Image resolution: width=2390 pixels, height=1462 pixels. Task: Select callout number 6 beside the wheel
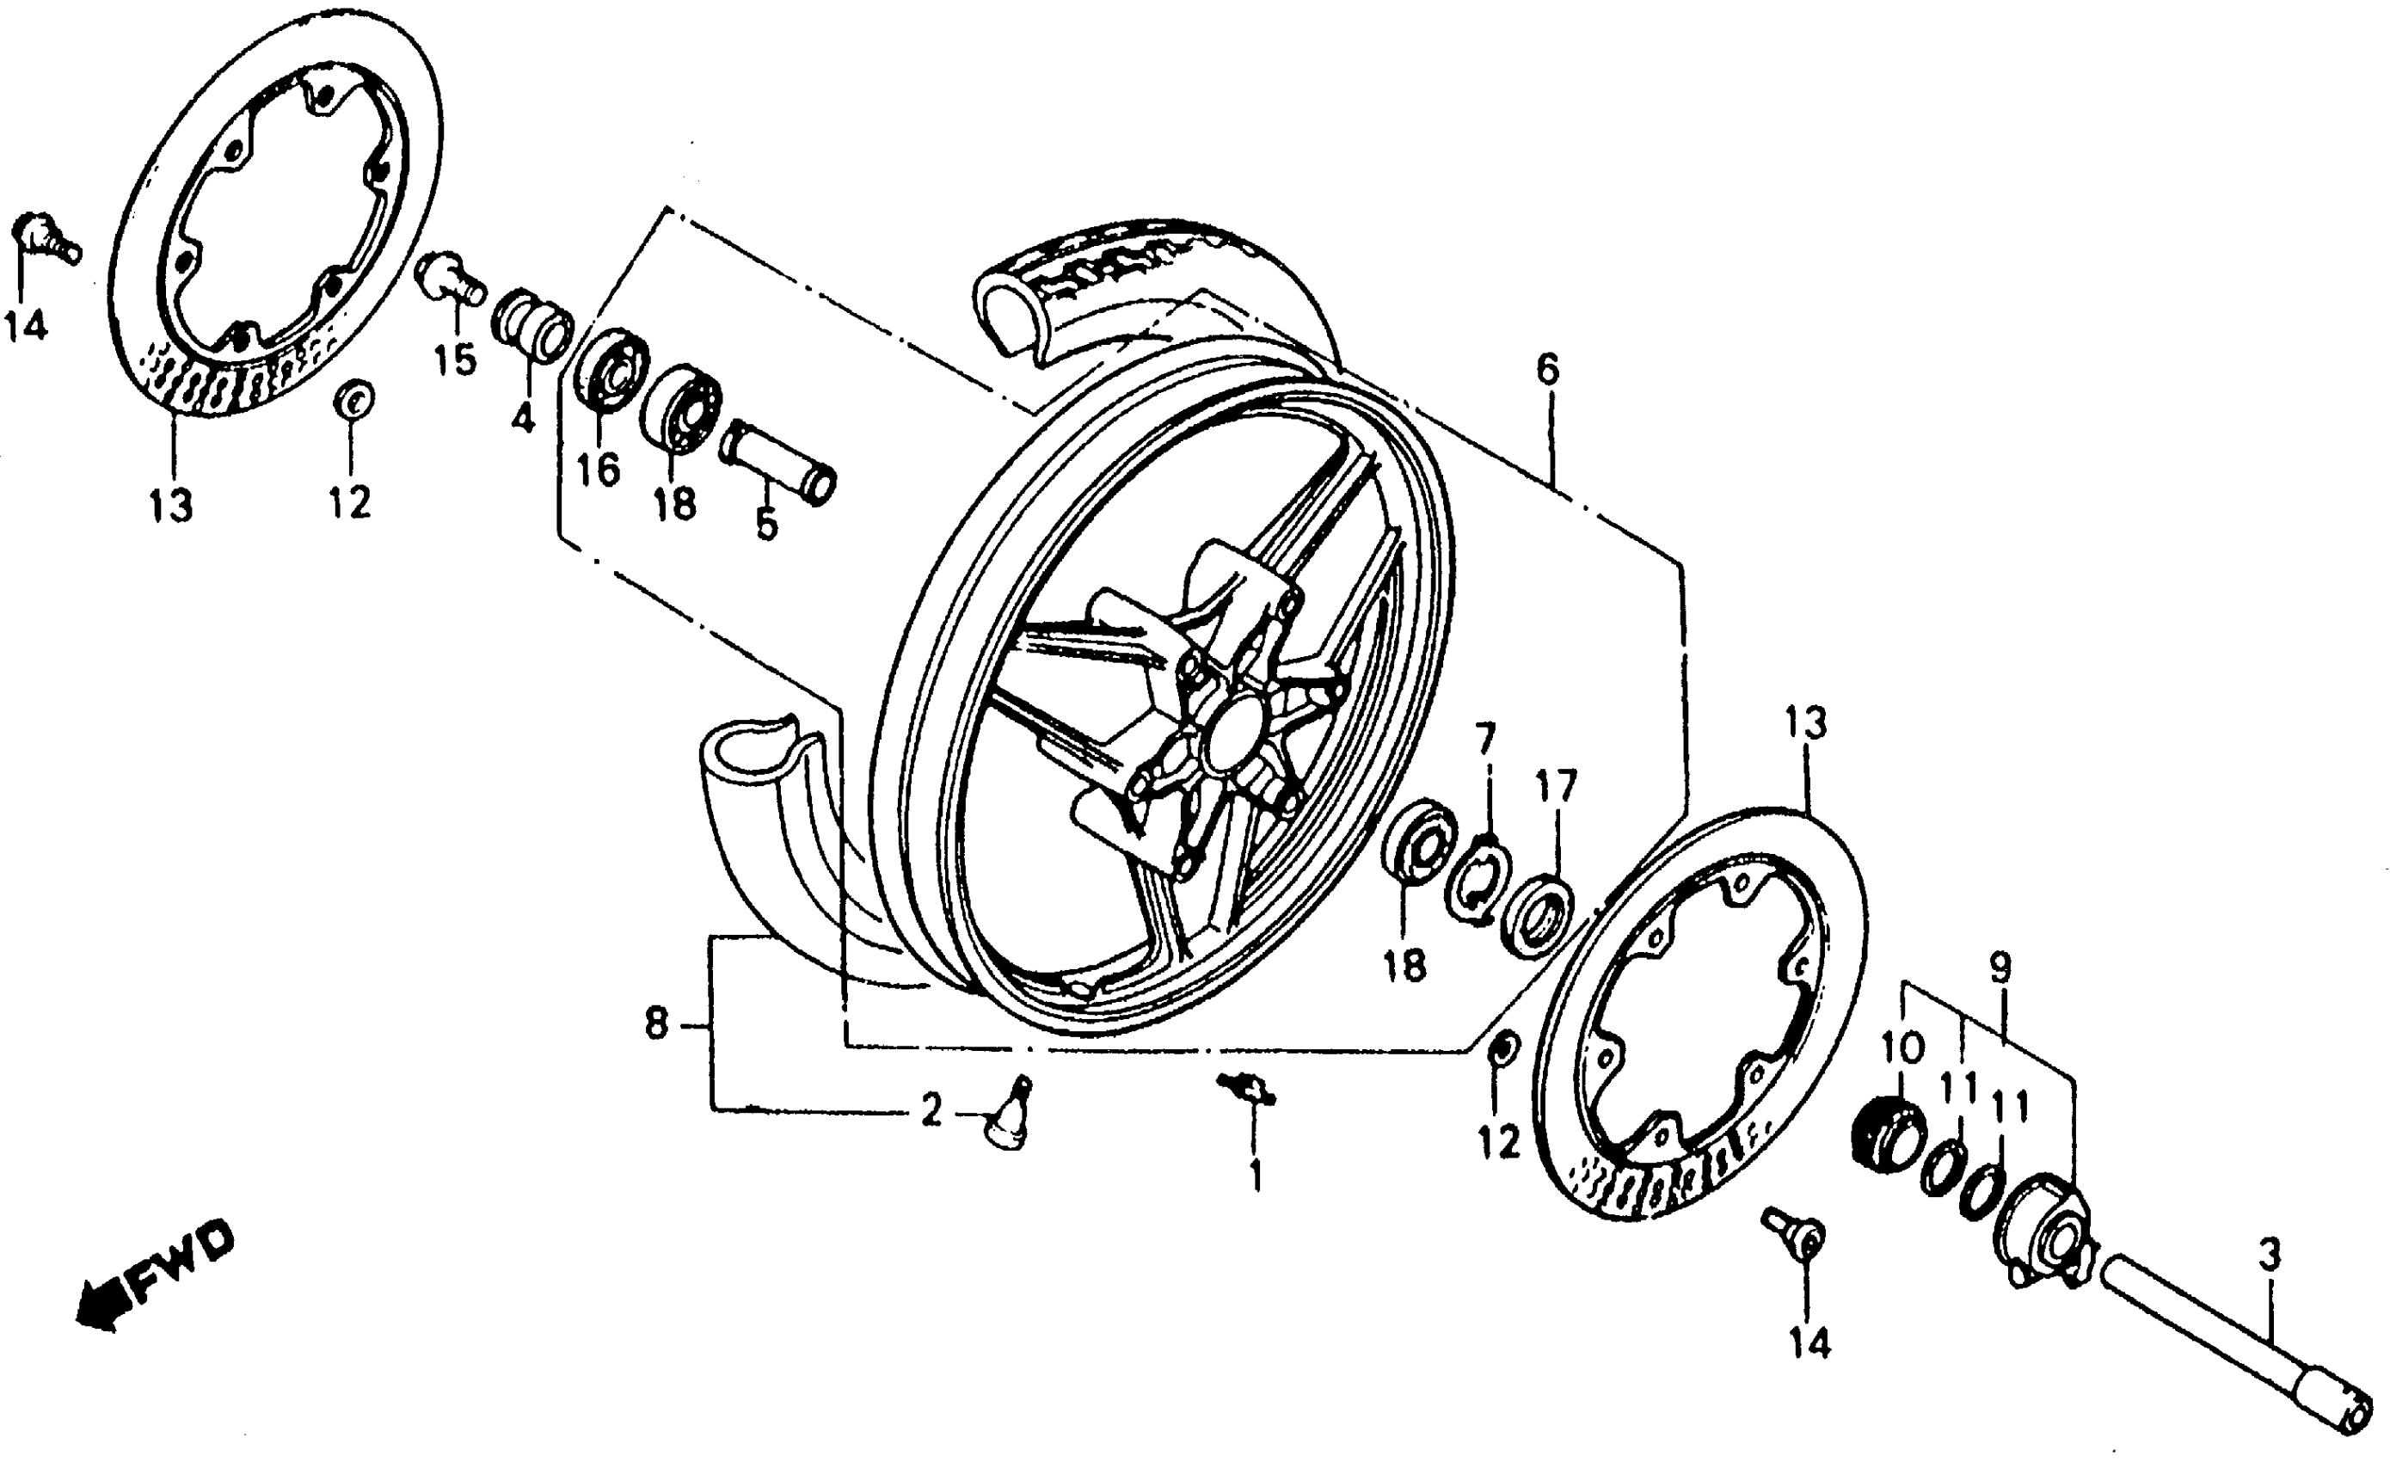pos(1547,369)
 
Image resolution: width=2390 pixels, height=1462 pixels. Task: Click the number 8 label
pos(657,1023)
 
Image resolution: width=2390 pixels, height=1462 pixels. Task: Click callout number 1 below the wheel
pos(1255,1176)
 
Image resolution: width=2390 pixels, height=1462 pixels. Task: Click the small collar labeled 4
pos(531,325)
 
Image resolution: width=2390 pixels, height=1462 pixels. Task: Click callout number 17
pos(1557,786)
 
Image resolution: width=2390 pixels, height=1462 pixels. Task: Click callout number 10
pos(1902,1047)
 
